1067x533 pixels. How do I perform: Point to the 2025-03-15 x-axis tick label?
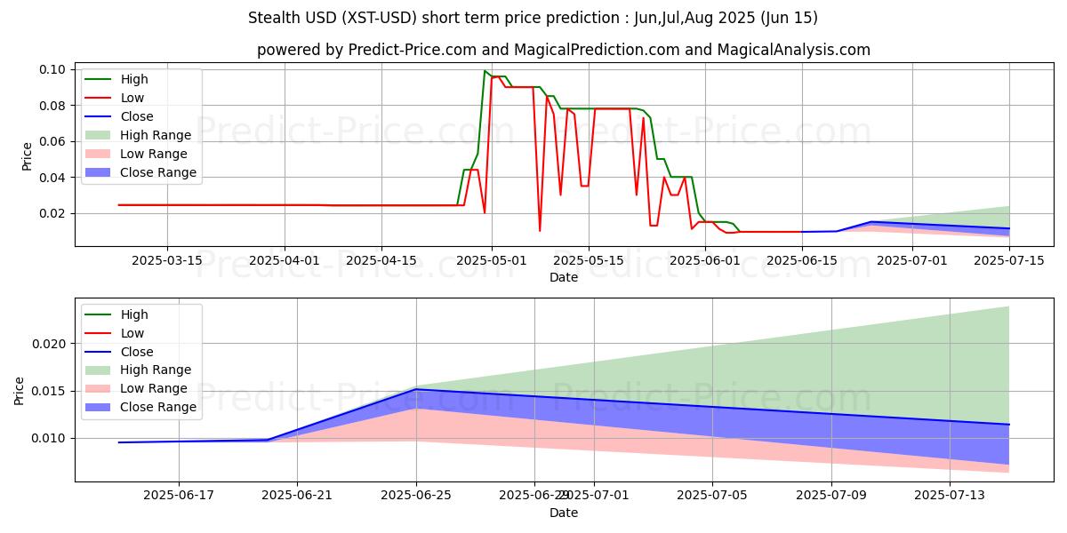168,260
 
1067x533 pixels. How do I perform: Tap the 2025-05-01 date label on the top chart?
493,260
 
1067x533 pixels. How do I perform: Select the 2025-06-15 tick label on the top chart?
802,260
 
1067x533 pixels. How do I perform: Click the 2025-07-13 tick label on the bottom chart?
951,497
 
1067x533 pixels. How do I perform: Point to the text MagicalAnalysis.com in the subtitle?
782,50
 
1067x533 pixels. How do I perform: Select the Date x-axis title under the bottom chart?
564,513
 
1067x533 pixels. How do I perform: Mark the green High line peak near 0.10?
485,71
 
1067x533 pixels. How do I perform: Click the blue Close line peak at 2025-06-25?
416,389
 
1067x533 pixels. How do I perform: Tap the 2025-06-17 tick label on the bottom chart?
179,497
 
